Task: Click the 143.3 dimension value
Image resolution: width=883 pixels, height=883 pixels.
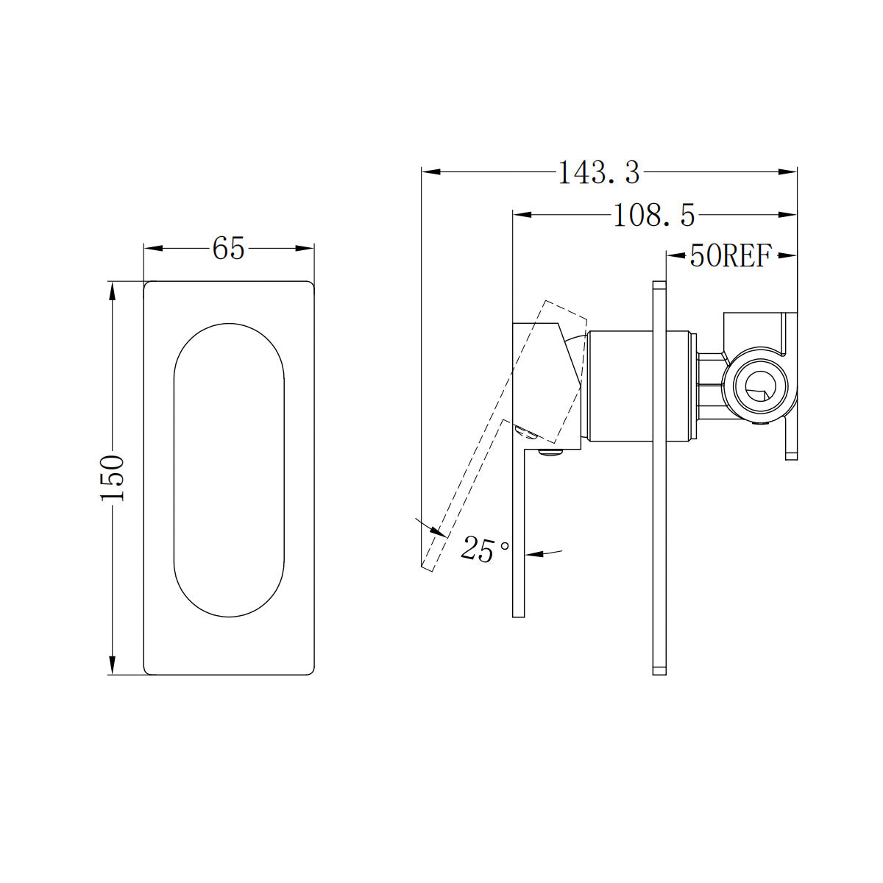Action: click(598, 173)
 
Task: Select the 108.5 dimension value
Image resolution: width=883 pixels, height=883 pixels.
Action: click(653, 216)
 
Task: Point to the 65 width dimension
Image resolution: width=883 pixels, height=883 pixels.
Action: click(228, 249)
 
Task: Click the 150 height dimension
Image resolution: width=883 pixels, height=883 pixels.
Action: click(113, 478)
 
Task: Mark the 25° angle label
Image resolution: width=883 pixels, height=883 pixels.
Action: click(484, 549)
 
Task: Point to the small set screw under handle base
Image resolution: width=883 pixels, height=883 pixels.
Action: click(550, 453)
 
